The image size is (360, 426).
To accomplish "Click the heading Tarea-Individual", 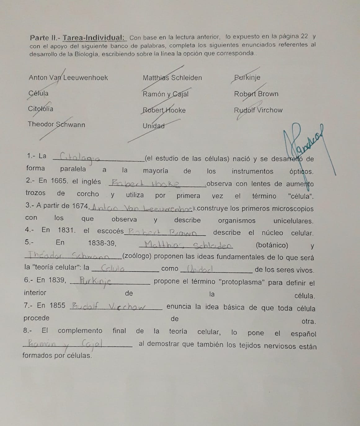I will [x=94, y=38].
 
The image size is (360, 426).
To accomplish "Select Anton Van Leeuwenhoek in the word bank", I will [x=68, y=78].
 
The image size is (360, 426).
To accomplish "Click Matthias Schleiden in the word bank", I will [x=172, y=78].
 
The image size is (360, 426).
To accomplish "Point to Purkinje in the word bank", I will [x=247, y=78].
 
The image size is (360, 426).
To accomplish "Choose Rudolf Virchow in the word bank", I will [x=258, y=110].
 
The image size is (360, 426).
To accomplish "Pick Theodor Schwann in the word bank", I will [x=56, y=124].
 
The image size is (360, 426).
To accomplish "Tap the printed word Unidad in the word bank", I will [x=153, y=126].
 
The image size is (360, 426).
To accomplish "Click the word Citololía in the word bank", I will [x=41, y=109].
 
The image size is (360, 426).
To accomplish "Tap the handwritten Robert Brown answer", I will [x=162, y=232].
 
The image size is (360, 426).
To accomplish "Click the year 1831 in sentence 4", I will [x=66, y=230].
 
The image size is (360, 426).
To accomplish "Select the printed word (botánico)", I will [x=272, y=245].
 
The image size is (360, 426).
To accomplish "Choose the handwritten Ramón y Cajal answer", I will [x=65, y=343].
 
